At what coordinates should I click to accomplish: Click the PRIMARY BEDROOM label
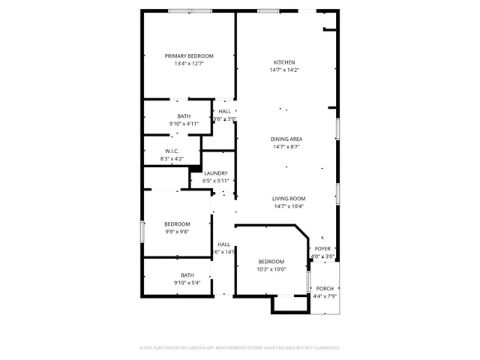pos(189,56)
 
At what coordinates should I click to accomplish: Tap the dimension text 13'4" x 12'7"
pos(189,64)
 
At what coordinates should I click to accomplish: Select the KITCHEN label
pos(283,62)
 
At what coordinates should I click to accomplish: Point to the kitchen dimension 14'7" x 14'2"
pos(283,70)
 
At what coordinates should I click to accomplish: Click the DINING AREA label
pos(286,139)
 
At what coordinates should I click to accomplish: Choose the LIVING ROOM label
pos(288,198)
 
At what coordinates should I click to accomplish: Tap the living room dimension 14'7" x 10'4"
pos(288,206)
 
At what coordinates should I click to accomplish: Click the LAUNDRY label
pos(215,173)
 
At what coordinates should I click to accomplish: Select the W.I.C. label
pos(171,151)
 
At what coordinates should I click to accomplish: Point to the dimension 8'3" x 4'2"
pos(171,159)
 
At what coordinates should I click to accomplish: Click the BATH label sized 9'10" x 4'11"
pos(184,116)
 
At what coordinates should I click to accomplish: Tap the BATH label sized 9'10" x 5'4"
pos(187,275)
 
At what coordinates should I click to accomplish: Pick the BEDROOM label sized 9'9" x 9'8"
pos(177,224)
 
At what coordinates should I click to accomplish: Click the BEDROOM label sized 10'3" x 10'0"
pos(271,262)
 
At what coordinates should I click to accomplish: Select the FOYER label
pos(322,248)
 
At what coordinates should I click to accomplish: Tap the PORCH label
pos(324,289)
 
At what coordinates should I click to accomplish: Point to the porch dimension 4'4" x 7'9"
pos(324,296)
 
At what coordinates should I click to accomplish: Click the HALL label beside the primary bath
pos(224,111)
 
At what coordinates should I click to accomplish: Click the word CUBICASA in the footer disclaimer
pos(195,348)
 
